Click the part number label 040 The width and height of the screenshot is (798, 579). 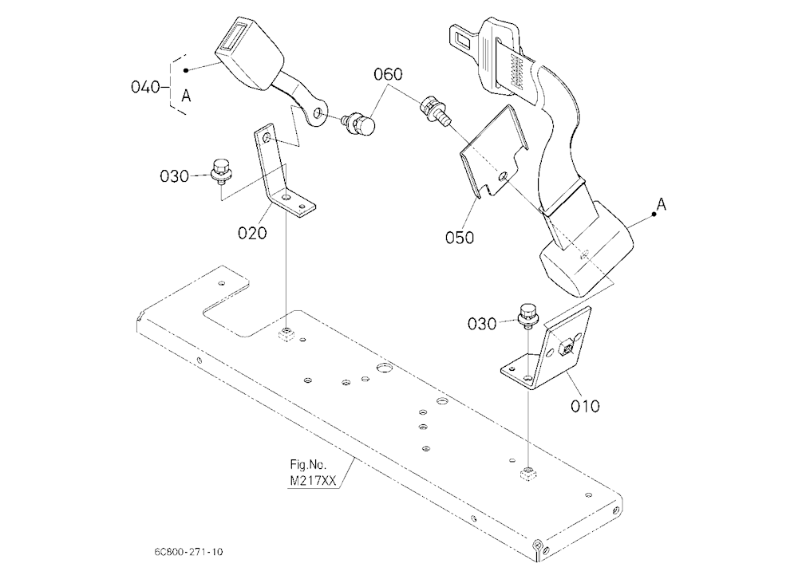(145, 87)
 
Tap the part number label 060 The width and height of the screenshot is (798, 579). (388, 74)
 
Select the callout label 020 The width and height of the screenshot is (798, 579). (252, 233)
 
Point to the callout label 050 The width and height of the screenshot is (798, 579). (459, 238)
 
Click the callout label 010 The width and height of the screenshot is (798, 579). (585, 406)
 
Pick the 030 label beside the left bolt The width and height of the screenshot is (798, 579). (174, 176)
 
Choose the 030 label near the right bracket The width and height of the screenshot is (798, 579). (481, 324)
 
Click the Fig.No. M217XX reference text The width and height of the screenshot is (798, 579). (312, 473)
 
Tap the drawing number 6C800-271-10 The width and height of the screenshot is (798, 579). (188, 552)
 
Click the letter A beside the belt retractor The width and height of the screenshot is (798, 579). (661, 204)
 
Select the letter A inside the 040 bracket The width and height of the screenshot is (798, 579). (186, 95)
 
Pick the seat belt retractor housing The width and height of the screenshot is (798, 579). (585, 250)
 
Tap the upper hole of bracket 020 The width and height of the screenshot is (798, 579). (267, 139)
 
